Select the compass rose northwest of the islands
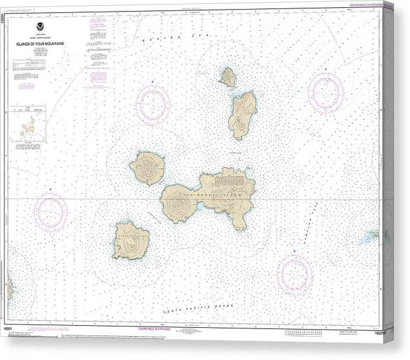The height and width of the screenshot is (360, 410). pos(153,104)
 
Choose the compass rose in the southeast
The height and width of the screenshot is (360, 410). pos(295,274)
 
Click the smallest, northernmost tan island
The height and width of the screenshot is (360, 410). pos(227,77)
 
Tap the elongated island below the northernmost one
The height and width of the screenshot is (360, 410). pos(241,115)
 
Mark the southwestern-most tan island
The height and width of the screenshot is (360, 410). pos(131,240)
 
